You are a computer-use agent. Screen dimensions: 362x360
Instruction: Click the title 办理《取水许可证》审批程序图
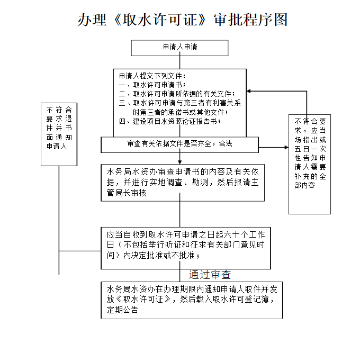(x=183, y=20)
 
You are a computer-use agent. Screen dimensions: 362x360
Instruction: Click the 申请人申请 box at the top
(x=180, y=48)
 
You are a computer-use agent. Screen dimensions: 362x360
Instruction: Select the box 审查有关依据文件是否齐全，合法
(x=180, y=144)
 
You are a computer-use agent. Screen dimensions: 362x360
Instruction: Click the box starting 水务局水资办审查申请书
(x=183, y=183)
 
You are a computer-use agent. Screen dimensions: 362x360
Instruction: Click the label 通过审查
(x=210, y=275)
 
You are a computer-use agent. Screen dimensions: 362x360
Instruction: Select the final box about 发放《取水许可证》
(x=191, y=300)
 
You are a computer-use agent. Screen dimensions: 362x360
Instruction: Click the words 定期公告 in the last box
(x=122, y=310)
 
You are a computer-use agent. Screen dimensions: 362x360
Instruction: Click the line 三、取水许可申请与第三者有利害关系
(x=180, y=103)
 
